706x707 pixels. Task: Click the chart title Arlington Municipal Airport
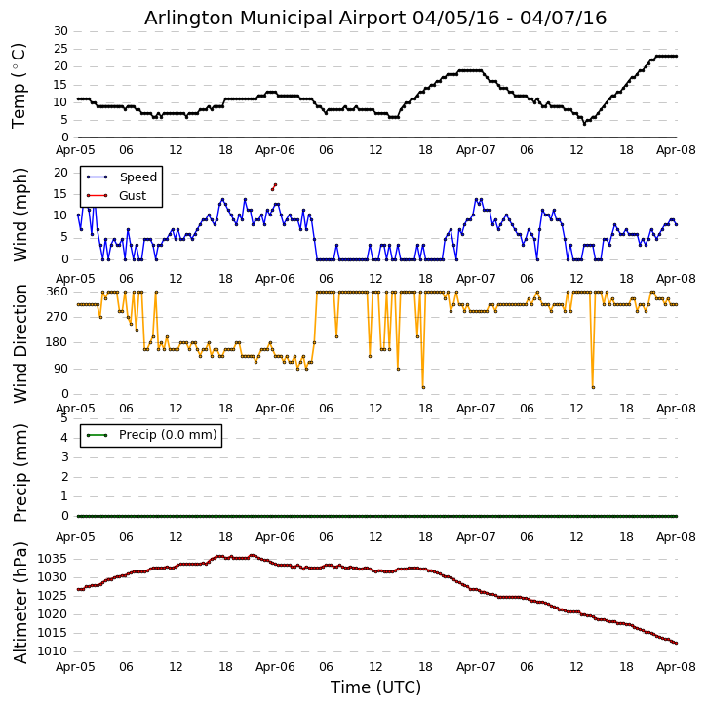(x=375, y=18)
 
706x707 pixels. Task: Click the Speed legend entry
(x=137, y=177)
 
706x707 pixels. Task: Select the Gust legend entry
(x=133, y=196)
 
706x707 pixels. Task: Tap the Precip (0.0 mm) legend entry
(x=167, y=435)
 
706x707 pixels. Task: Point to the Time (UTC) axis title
(x=375, y=687)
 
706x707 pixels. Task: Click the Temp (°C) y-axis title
(x=20, y=85)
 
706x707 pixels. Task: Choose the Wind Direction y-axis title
(x=20, y=343)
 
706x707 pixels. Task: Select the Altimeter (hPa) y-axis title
(x=20, y=602)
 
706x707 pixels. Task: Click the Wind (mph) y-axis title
(x=20, y=214)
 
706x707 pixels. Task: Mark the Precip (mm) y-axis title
(x=20, y=472)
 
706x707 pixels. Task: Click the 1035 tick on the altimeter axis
(x=53, y=559)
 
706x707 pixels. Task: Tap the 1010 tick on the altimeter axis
(x=53, y=651)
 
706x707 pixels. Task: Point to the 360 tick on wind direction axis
(x=57, y=292)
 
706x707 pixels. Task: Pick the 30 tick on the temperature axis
(x=60, y=31)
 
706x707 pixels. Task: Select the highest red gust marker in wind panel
(x=275, y=184)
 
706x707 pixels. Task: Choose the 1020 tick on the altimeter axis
(x=53, y=614)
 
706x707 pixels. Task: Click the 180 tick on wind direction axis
(x=57, y=342)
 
